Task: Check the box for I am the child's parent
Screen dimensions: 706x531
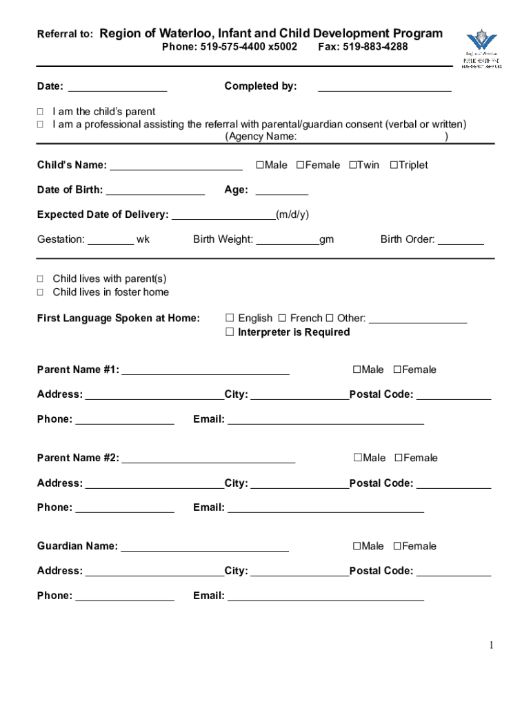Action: (40, 112)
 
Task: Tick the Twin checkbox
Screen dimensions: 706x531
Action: (352, 165)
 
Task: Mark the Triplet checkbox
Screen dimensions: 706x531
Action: (394, 165)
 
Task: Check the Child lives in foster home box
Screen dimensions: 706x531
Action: (40, 292)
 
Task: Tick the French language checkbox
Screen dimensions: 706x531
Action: (282, 319)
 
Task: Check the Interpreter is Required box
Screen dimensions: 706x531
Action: (230, 332)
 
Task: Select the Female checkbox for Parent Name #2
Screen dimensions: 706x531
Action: (399, 458)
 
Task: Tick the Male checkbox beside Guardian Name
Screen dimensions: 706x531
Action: (357, 546)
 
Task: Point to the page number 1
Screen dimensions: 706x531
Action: (492, 645)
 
